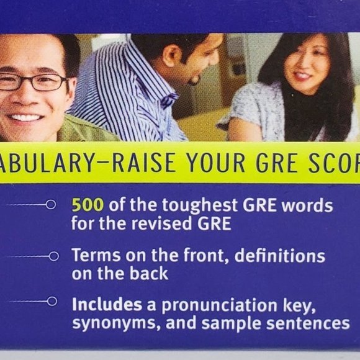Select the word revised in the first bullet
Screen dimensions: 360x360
tap(163, 223)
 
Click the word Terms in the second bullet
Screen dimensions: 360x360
tap(91, 255)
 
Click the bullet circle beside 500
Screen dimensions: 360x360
tap(51, 204)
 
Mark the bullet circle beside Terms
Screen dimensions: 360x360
tap(54, 256)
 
